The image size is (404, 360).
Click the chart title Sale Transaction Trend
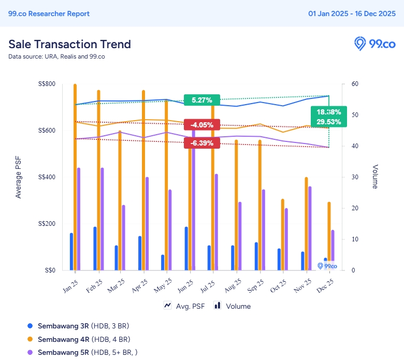point(69,44)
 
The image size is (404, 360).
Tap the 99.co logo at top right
point(374,44)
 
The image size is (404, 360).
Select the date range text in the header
point(352,14)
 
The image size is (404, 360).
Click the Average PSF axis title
point(19,177)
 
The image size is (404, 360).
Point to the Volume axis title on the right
point(375,177)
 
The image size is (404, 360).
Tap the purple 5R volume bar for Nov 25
point(310,228)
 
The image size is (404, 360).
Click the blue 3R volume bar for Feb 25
point(95,248)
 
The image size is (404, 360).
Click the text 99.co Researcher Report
point(49,14)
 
